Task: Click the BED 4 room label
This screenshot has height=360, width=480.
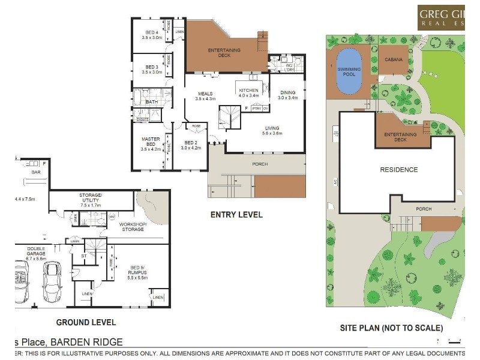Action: coord(152,32)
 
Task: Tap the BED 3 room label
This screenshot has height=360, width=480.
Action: coord(152,67)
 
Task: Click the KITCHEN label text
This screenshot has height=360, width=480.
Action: coord(248,91)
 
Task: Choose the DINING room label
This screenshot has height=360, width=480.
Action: coord(287,92)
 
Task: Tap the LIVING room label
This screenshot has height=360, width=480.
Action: coord(273,128)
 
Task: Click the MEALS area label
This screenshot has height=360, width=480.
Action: coord(206,94)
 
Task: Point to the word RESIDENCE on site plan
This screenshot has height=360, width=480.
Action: coord(399,170)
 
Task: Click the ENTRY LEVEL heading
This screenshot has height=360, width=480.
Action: coord(236,214)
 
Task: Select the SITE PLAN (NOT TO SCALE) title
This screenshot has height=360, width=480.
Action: coord(391,328)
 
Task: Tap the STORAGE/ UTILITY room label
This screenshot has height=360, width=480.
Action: coord(91,197)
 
